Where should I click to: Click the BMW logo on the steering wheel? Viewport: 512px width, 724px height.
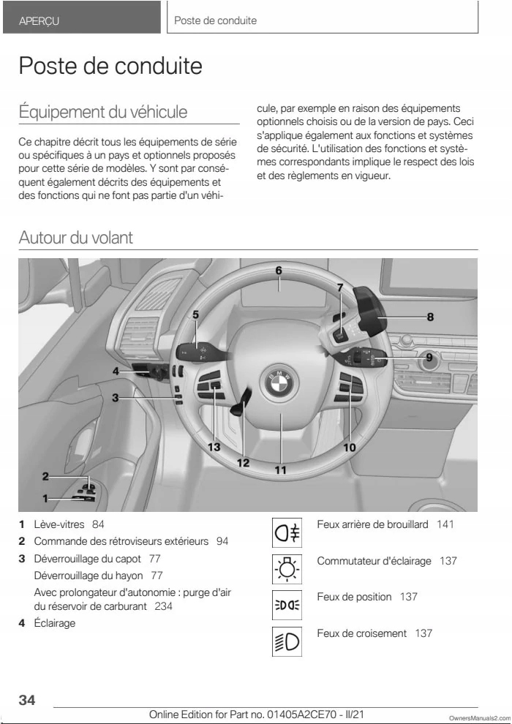click(x=279, y=382)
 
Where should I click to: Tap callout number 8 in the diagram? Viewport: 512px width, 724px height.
click(x=431, y=317)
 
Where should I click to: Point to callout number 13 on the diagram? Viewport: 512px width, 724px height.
click(x=214, y=446)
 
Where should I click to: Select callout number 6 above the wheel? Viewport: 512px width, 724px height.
click(x=279, y=271)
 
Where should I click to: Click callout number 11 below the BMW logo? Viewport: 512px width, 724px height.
click(x=280, y=471)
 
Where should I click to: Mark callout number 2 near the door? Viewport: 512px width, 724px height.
click(x=45, y=476)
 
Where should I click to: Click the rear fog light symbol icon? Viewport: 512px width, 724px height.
click(x=285, y=532)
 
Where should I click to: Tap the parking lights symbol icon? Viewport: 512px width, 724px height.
click(x=285, y=604)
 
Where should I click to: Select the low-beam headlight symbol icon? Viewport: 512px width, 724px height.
click(x=285, y=641)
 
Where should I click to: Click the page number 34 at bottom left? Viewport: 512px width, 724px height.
click(x=27, y=700)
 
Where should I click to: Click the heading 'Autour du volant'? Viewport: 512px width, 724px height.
click(x=76, y=238)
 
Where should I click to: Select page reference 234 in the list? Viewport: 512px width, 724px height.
click(x=164, y=607)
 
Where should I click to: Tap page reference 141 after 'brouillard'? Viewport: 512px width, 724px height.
click(x=445, y=524)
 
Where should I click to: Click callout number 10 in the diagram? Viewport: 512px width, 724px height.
click(x=350, y=447)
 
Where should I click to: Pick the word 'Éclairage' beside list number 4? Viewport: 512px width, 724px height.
click(x=55, y=623)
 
